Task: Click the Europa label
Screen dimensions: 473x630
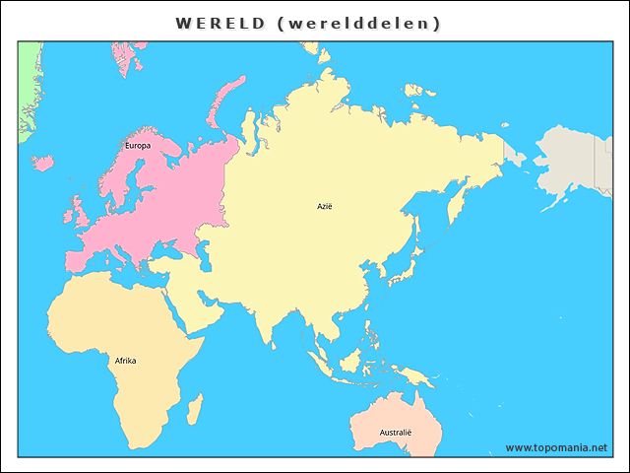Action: [138, 146]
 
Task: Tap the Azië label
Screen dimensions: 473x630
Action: [325, 206]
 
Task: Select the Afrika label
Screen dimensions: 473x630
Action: [125, 361]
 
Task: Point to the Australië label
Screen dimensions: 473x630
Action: [396, 433]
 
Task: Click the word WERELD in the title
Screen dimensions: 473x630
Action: [220, 23]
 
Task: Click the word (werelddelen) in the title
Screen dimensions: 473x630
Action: [360, 23]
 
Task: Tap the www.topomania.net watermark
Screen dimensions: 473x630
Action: [556, 447]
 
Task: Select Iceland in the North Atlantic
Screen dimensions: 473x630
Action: [43, 163]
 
